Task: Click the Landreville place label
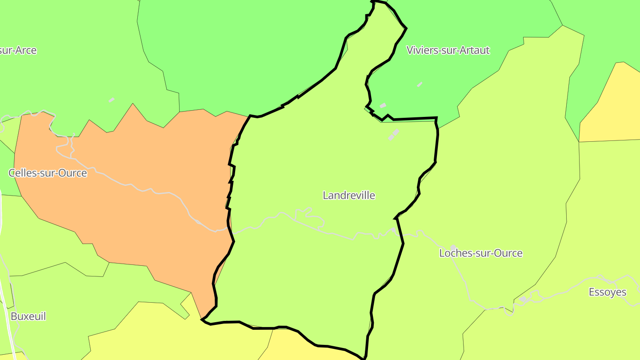[x=349, y=195]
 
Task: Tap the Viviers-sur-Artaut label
[x=448, y=50]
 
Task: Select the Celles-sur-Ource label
[x=48, y=173]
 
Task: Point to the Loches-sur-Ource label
[x=481, y=253]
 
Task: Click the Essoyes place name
[x=608, y=292]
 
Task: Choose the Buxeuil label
[x=28, y=316]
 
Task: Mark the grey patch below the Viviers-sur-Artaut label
[x=420, y=84]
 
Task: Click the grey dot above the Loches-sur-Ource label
[x=453, y=247]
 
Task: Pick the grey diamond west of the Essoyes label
[x=523, y=299]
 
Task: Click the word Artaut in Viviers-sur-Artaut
[x=474, y=50]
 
